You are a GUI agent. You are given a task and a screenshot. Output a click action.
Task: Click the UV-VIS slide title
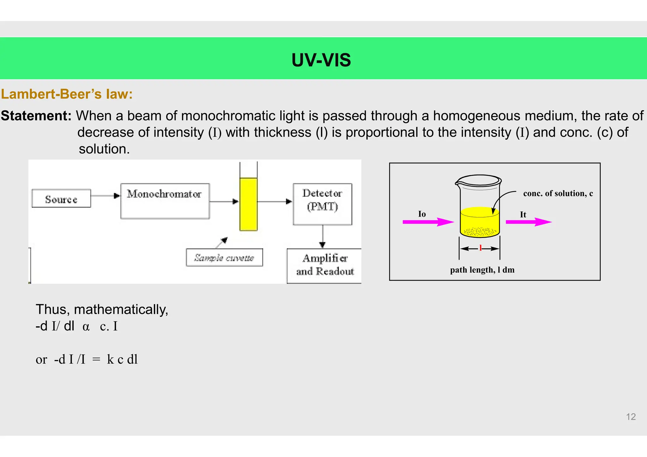pyautogui.click(x=321, y=60)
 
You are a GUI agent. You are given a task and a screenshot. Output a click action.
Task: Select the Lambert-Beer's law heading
pyautogui.click(x=67, y=94)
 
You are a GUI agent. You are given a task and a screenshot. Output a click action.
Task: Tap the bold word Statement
pyautogui.click(x=36, y=116)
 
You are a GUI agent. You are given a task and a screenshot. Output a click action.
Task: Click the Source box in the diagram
pyautogui.click(x=61, y=199)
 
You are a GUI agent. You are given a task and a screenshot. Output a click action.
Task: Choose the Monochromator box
pyautogui.click(x=165, y=201)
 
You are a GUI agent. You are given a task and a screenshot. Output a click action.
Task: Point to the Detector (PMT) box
pyautogui.click(x=322, y=204)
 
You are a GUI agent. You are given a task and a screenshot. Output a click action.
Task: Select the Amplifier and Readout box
pyautogui.click(x=325, y=265)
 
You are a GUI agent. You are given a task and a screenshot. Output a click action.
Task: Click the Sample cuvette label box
pyautogui.click(x=224, y=258)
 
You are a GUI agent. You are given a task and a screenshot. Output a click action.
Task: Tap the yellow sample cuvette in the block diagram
pyautogui.click(x=248, y=204)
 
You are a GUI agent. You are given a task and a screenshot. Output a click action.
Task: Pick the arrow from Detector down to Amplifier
pyautogui.click(x=322, y=237)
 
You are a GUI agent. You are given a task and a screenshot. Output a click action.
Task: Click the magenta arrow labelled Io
pyautogui.click(x=428, y=222)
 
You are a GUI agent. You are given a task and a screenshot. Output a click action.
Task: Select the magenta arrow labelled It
pyautogui.click(x=528, y=222)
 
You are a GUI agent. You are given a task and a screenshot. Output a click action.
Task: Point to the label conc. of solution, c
pyautogui.click(x=558, y=193)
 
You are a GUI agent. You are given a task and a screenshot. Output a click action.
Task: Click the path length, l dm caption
pyautogui.click(x=482, y=270)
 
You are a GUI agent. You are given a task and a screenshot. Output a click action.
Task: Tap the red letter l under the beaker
pyautogui.click(x=480, y=248)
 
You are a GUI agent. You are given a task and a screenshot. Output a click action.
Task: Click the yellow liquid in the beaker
pyautogui.click(x=480, y=223)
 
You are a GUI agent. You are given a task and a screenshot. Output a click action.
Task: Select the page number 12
pyautogui.click(x=631, y=417)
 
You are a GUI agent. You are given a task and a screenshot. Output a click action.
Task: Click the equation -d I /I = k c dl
pyautogui.click(x=87, y=359)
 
